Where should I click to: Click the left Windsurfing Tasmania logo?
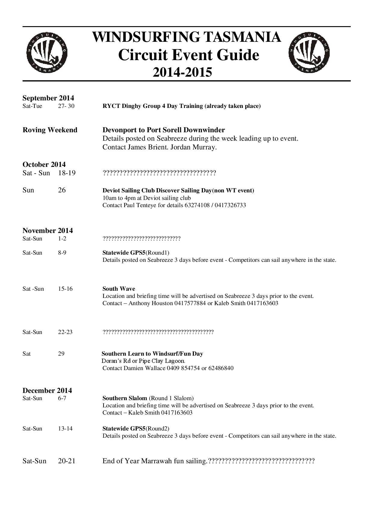click(x=47, y=53)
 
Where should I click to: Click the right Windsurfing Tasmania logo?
click(x=309, y=53)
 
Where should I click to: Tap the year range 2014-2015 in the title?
click(x=182, y=72)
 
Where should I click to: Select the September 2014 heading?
click(x=48, y=98)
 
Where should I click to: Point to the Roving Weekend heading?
click(x=50, y=130)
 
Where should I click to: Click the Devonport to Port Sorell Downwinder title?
click(x=164, y=130)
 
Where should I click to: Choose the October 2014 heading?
click(x=44, y=164)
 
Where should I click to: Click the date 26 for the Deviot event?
click(x=62, y=190)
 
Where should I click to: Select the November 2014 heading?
click(x=48, y=231)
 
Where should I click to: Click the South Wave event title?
click(x=119, y=289)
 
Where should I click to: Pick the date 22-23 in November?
click(x=65, y=332)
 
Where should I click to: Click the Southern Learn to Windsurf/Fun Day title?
click(x=152, y=354)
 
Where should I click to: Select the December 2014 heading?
click(x=47, y=391)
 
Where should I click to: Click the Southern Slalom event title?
click(x=125, y=398)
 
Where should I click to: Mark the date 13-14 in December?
click(x=65, y=429)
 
